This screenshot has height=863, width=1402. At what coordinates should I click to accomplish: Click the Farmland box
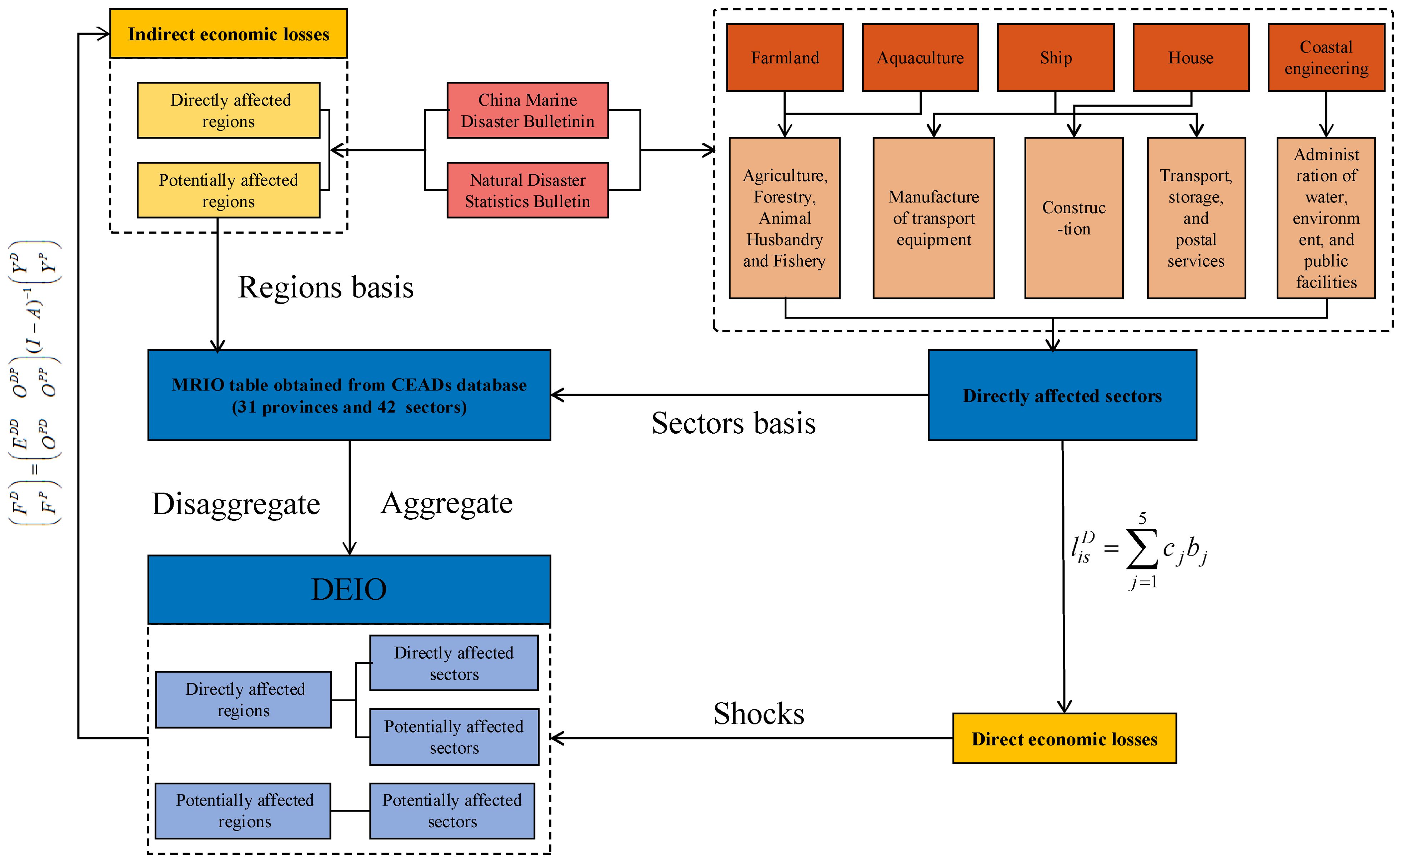coord(785,58)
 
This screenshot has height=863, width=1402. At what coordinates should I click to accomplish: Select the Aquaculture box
coord(920,58)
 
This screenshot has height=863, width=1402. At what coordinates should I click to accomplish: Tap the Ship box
coord(1056,58)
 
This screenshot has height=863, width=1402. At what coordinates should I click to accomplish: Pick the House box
coord(1191,58)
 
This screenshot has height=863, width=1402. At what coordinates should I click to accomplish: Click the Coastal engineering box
coord(1326,58)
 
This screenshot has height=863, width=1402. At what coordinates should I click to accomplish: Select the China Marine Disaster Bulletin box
coord(527,110)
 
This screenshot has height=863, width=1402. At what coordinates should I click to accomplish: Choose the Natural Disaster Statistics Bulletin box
coord(527,190)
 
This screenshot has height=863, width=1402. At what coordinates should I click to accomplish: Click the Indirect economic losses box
coord(228,34)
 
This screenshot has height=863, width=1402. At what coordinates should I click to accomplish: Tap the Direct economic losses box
coord(1064,739)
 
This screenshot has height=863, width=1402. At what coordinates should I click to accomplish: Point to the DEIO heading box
coord(349,589)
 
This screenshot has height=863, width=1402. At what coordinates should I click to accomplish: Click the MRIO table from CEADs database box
coord(349,395)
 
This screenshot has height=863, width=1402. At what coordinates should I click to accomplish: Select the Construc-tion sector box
coord(1074,218)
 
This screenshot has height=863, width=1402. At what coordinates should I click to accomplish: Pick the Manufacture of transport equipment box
coord(933,218)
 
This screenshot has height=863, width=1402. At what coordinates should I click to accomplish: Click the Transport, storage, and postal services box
coord(1196,218)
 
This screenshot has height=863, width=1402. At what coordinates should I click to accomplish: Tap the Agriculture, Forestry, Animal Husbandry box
coord(785,218)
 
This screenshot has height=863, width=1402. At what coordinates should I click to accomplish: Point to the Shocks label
coord(759,713)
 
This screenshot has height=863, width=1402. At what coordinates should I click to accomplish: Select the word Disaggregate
coord(236,504)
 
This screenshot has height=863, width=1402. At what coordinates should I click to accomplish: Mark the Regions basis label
coord(326,287)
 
